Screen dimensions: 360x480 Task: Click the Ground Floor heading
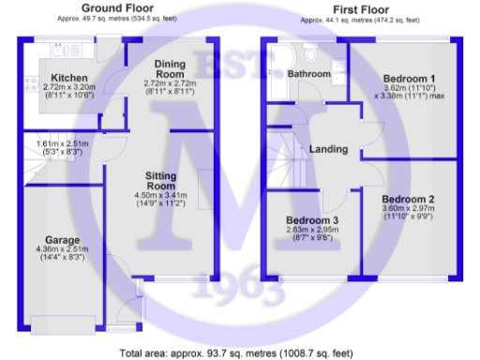(118, 7)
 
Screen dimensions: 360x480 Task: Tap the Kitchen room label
(69, 78)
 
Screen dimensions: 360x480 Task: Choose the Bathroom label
(309, 73)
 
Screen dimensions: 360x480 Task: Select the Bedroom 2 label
(408, 199)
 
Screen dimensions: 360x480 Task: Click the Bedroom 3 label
(312, 221)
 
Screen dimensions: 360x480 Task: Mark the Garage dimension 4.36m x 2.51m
(60, 248)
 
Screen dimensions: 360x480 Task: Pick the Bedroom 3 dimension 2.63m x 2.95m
(311, 232)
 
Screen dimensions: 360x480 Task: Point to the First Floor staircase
(283, 159)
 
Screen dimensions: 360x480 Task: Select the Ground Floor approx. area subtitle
(118, 18)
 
